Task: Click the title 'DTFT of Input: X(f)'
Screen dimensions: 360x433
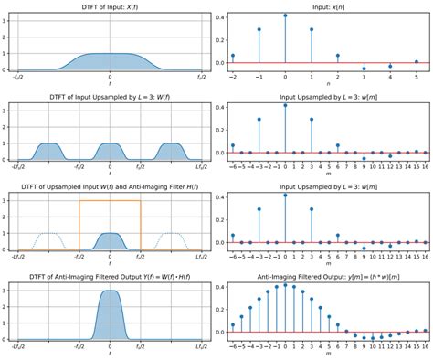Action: pyautogui.click(x=110, y=7)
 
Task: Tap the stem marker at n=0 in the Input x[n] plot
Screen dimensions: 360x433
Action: pyautogui.click(x=285, y=16)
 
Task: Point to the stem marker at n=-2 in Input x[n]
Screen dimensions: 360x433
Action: pyautogui.click(x=233, y=56)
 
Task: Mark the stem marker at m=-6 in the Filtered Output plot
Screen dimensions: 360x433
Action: pyautogui.click(x=233, y=298)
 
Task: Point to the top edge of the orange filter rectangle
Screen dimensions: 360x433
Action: pyautogui.click(x=110, y=199)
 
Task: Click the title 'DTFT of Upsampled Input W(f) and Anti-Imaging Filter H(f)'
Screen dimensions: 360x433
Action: pyautogui.click(x=110, y=188)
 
